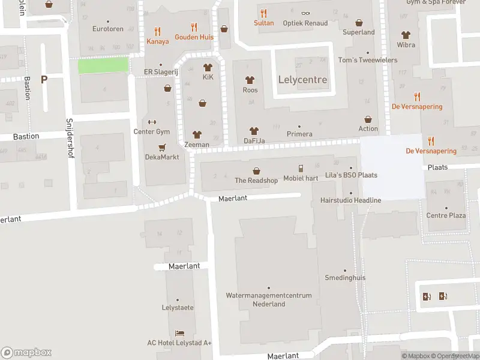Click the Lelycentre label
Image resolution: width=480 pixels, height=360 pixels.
303,79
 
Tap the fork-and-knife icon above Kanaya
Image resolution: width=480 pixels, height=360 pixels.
157,31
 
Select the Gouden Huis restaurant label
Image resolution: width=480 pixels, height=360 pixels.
194,37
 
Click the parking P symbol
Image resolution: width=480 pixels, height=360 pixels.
44,79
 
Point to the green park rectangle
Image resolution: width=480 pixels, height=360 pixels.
103,65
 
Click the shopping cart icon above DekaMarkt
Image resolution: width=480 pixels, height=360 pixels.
161,147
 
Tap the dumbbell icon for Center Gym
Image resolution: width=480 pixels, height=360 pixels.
151,121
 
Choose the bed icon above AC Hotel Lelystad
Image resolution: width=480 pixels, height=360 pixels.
179,333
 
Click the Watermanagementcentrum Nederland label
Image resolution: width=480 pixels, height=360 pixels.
269,299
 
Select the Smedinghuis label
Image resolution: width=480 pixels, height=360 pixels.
345,278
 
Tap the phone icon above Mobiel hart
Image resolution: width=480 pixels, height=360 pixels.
301,168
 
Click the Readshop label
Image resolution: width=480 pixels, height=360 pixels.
256,180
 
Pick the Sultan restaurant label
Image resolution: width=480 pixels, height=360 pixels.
263,23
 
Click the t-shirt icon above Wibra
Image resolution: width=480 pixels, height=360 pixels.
406,35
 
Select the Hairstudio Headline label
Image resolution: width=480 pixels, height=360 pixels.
351,200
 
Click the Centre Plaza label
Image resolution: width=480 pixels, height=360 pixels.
446,215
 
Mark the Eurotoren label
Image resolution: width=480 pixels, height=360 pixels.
108,29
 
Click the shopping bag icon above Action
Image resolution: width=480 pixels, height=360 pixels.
368,119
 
